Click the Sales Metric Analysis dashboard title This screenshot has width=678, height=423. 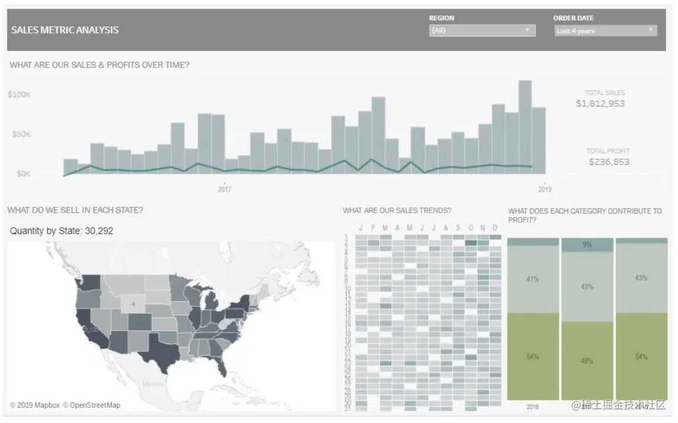point(65,30)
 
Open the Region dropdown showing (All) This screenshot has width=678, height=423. point(482,31)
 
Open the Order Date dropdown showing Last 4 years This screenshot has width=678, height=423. point(605,31)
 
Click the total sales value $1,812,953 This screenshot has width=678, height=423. point(600,103)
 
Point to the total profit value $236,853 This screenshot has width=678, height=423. point(609,161)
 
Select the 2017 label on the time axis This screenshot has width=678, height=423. point(224,190)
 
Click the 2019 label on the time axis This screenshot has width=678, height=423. point(545,190)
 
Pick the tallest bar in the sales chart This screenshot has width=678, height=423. point(525,127)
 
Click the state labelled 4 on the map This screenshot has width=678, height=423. point(133,304)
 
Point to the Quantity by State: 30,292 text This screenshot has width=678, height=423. point(61,231)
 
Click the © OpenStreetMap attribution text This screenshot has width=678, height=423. point(92,405)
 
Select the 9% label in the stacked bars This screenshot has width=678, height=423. point(586,245)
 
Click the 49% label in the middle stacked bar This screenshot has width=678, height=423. point(586,360)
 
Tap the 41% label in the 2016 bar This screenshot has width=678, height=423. point(532,279)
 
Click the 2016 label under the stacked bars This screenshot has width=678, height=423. point(532,406)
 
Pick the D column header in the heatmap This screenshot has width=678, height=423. point(494,228)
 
